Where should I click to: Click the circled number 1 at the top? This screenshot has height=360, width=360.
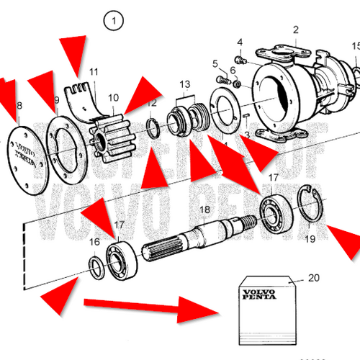(x=113, y=21)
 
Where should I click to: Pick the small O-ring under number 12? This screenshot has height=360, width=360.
(x=153, y=129)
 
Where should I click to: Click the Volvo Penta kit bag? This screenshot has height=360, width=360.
(x=266, y=310)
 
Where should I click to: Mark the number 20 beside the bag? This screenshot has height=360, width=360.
(x=312, y=277)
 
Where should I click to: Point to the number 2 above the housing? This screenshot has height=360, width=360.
(x=295, y=30)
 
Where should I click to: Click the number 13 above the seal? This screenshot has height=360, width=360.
(x=185, y=85)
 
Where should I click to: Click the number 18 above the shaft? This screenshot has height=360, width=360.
(x=204, y=210)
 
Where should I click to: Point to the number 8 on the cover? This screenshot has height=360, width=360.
(x=19, y=105)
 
